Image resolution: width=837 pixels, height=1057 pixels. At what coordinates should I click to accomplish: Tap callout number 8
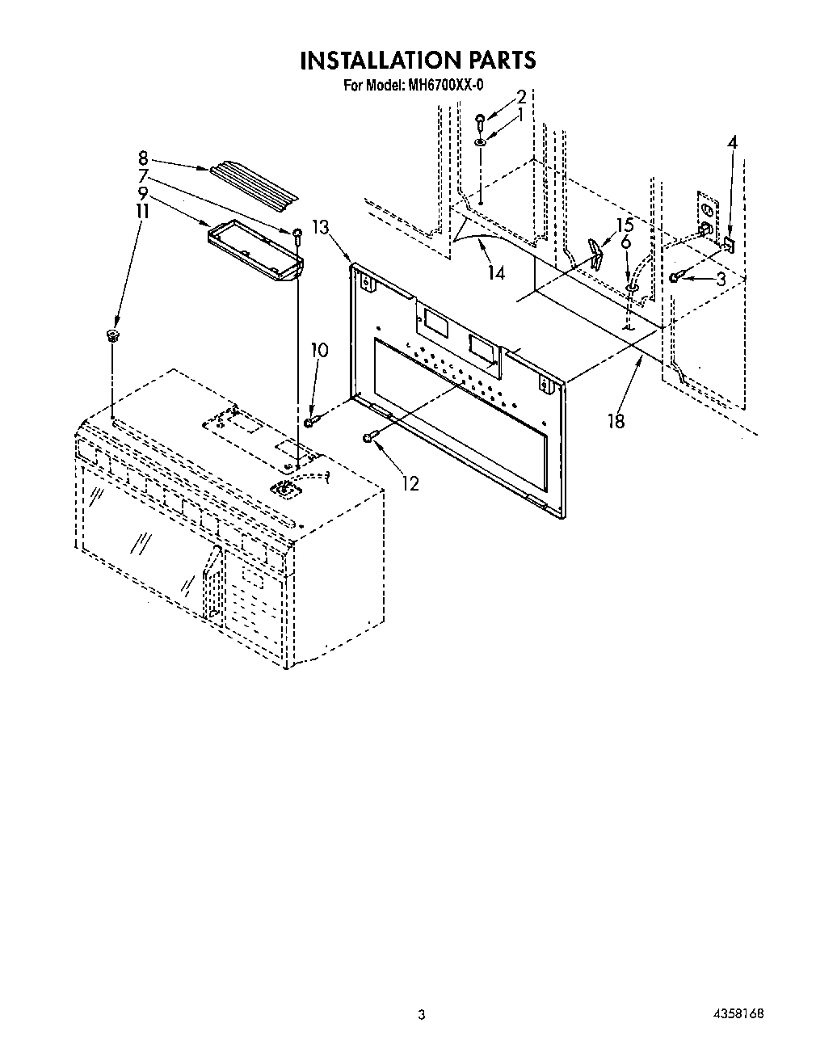point(143,158)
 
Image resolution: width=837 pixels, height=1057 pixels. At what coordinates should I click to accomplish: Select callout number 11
point(142,211)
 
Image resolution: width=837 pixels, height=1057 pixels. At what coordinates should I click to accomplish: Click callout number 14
point(496,273)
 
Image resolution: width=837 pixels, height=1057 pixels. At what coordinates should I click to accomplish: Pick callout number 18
point(616,420)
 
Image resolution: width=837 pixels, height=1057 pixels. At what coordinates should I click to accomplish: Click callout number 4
point(732,143)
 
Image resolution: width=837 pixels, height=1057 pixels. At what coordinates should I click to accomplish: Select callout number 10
point(320,350)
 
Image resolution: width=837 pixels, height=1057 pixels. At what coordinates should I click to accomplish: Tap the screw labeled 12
point(370,437)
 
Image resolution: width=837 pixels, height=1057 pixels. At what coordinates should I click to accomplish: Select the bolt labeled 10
point(311,421)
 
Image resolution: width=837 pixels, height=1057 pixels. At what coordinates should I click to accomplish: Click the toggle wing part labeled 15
point(596,253)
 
